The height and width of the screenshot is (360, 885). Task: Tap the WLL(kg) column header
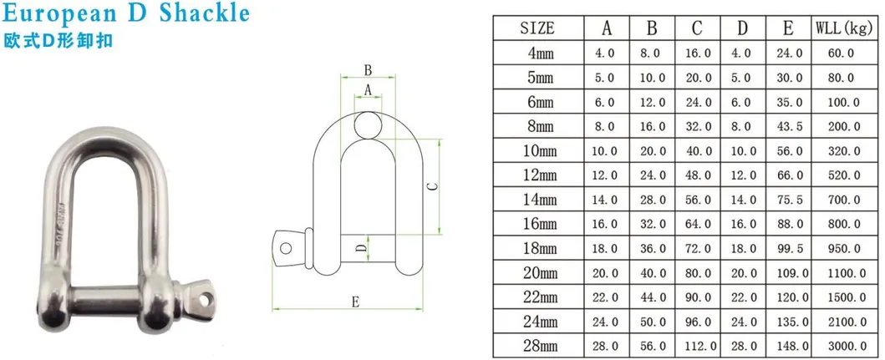pos(844,28)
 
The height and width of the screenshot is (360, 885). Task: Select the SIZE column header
pos(537,28)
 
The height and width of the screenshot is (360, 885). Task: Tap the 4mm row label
pos(537,53)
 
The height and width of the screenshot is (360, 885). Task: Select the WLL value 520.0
pos(844,175)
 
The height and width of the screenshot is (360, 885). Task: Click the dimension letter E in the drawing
pos(353,303)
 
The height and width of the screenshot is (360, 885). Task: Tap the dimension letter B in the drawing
pos(367,70)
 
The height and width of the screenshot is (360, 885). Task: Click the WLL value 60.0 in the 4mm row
pos(844,53)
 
